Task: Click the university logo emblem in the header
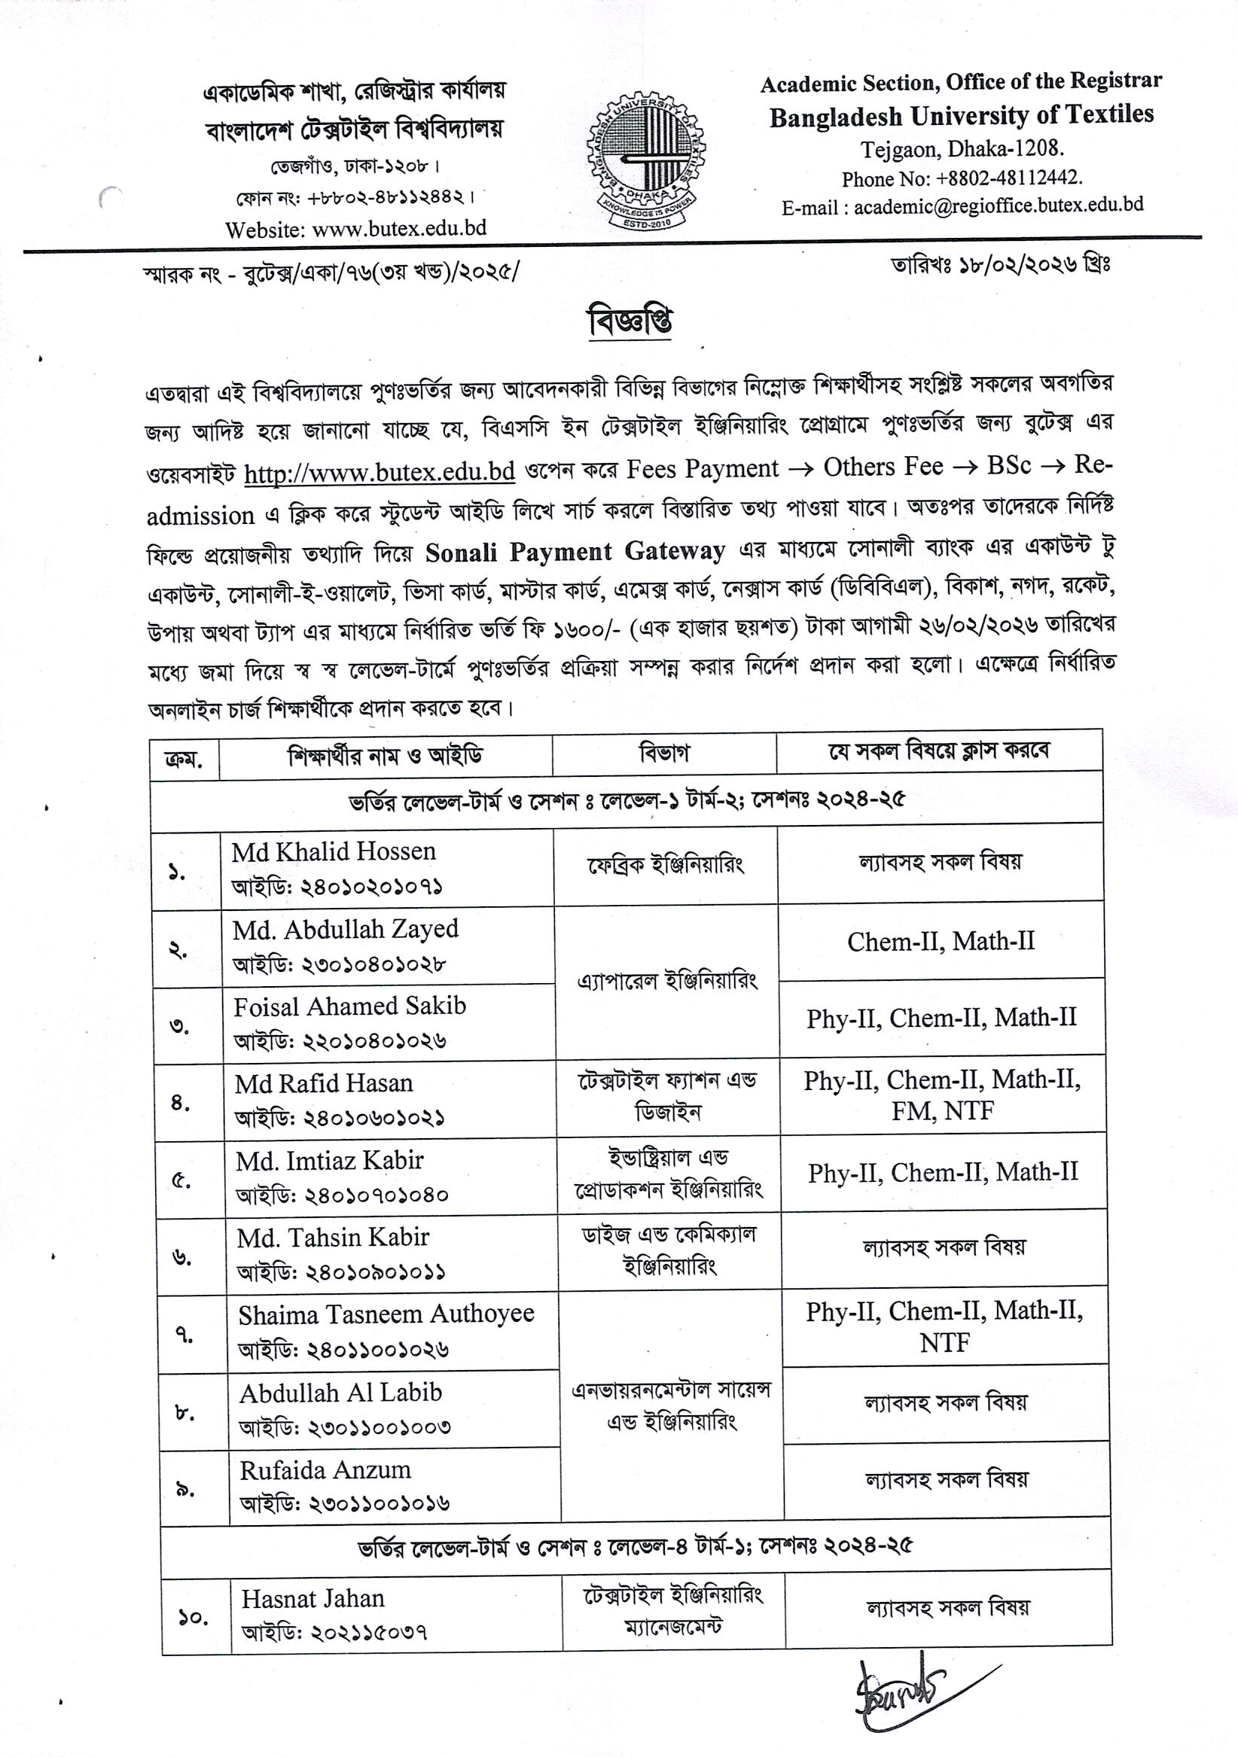pyautogui.click(x=645, y=161)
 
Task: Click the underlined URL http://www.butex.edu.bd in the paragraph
pyautogui.click(x=379, y=471)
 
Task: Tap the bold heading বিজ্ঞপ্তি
pyautogui.click(x=630, y=322)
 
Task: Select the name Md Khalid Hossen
pyautogui.click(x=334, y=851)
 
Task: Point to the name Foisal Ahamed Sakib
pyautogui.click(x=349, y=1006)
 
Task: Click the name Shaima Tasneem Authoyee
pyautogui.click(x=386, y=1314)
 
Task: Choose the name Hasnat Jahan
pyautogui.click(x=313, y=1599)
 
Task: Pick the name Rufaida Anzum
pyautogui.click(x=325, y=1470)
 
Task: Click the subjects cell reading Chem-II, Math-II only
pyautogui.click(x=941, y=941)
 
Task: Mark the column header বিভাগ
pyautogui.click(x=663, y=754)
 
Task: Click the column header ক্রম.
pyautogui.click(x=184, y=760)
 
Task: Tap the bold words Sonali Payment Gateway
pyautogui.click(x=575, y=552)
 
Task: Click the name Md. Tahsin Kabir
pyautogui.click(x=332, y=1238)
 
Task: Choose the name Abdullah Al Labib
pyautogui.click(x=340, y=1393)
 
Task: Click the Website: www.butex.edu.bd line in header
pyautogui.click(x=355, y=229)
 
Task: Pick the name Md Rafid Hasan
pyautogui.click(x=323, y=1083)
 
